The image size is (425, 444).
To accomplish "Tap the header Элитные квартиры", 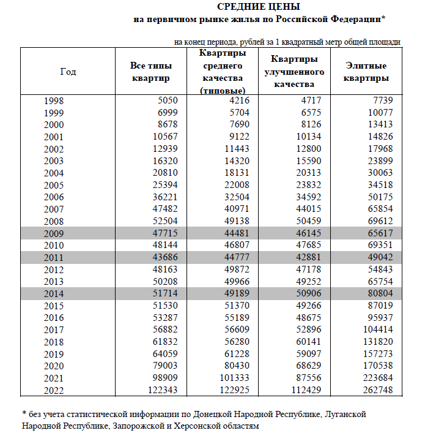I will tap(366, 72).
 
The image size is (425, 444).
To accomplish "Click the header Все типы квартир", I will tap(150, 72).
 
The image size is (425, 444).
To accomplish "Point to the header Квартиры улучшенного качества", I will tap(294, 72).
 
